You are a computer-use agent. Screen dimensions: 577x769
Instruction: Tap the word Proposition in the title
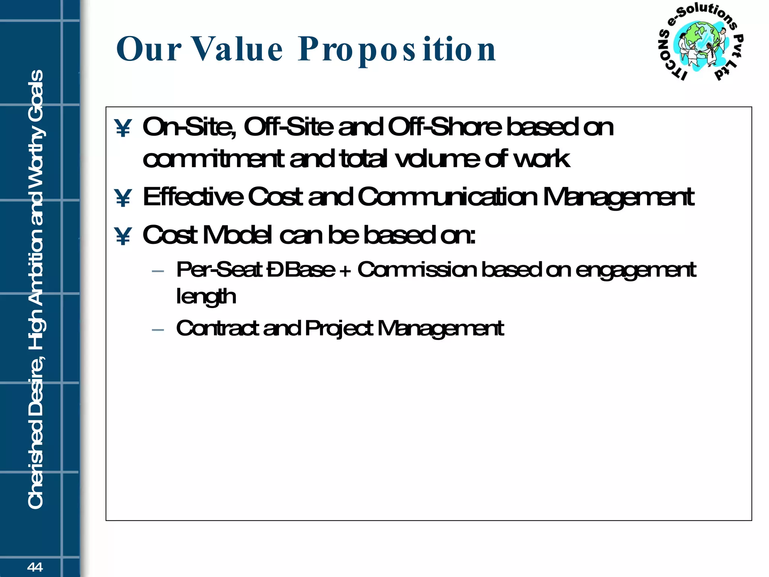coord(397,50)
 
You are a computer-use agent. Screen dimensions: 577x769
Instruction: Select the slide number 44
coord(35,567)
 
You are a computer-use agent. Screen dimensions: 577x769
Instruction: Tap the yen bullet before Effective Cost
coord(123,198)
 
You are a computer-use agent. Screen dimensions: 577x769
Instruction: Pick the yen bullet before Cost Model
coord(123,236)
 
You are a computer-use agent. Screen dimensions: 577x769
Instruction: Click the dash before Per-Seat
coord(158,271)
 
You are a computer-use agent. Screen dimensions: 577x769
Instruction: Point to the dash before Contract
coord(158,330)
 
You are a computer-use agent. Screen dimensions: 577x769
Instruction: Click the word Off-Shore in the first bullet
coord(445,127)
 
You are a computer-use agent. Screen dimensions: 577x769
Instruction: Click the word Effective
coord(193,197)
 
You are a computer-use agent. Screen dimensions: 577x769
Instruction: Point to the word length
coord(206,297)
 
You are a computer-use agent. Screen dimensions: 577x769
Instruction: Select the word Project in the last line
coord(339,328)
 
